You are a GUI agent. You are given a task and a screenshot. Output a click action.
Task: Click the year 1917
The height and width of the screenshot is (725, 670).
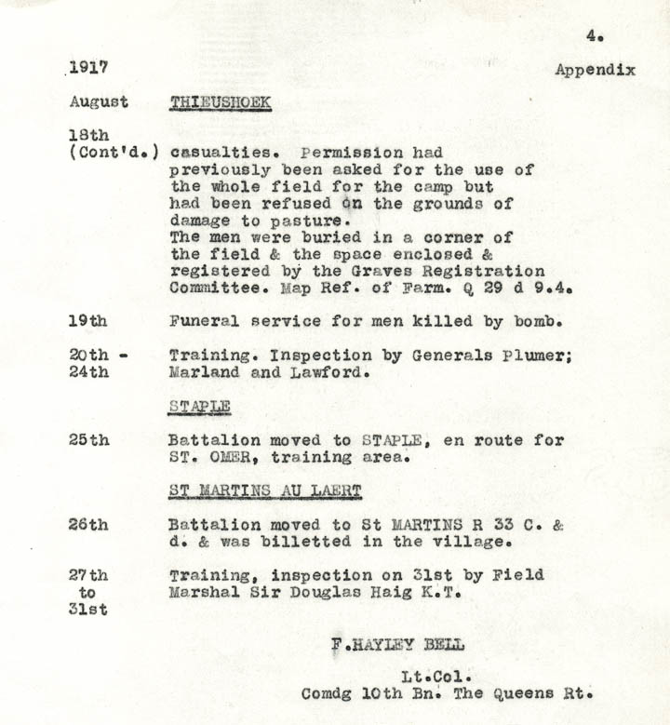click(x=88, y=68)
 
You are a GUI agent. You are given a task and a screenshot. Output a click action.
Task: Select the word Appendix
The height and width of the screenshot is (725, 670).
click(x=595, y=70)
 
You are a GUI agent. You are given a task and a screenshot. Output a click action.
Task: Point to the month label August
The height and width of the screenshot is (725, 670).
click(x=98, y=101)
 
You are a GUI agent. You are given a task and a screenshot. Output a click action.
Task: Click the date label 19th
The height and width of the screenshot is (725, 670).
click(x=87, y=321)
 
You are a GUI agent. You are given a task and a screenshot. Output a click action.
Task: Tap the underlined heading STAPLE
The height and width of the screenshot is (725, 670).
click(x=199, y=407)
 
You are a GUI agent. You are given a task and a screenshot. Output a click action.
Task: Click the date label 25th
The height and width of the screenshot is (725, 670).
click(x=87, y=440)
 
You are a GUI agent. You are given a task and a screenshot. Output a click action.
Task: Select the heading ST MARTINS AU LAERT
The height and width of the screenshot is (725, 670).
click(x=265, y=490)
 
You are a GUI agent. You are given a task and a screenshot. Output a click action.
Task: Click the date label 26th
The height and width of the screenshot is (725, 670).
click(x=87, y=525)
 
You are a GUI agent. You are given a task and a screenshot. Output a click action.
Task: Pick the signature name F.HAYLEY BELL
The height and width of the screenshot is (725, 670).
click(x=397, y=644)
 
